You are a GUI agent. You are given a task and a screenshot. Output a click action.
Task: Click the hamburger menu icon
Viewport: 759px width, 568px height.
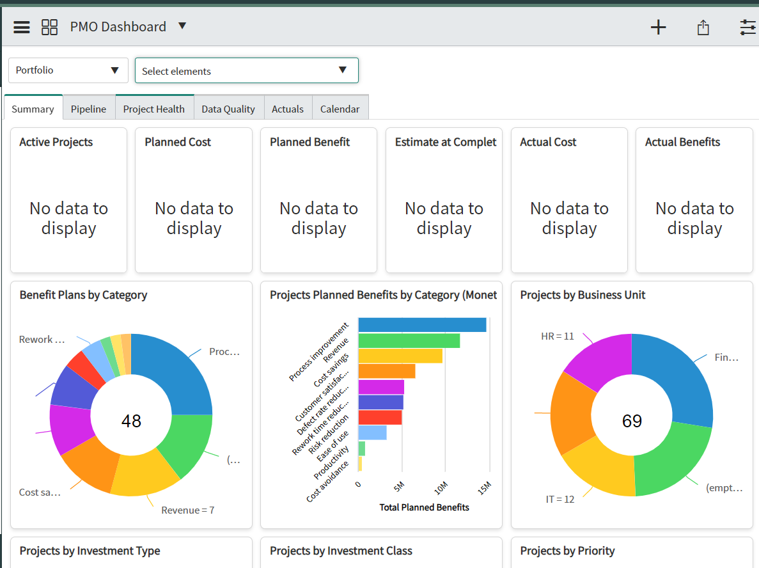(22, 27)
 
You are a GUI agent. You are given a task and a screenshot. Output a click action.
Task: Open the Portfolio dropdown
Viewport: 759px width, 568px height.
(68, 70)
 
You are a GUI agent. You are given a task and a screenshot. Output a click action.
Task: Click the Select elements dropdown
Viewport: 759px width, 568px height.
(246, 71)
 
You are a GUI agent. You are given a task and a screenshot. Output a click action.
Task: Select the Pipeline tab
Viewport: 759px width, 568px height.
(88, 109)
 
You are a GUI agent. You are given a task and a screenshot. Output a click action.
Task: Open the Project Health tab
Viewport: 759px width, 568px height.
(153, 109)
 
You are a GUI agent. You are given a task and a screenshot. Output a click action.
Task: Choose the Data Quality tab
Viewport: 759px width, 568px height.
(228, 109)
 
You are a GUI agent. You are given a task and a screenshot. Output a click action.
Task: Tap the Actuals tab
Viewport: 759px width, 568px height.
(288, 109)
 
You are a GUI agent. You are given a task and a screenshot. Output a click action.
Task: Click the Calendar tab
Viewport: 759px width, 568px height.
(340, 109)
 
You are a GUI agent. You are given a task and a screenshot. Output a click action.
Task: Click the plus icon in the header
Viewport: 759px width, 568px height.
(658, 27)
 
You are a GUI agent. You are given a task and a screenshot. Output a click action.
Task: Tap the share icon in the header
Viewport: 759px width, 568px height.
(703, 28)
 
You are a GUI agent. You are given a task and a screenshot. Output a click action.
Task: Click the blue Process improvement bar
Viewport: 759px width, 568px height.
(422, 325)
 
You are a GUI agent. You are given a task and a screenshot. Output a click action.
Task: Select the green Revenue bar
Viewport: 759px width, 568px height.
(409, 341)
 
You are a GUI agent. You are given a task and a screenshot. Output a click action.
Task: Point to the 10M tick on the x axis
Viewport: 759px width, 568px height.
(441, 489)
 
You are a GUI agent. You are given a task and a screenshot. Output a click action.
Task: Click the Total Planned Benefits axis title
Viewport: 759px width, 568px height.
(424, 507)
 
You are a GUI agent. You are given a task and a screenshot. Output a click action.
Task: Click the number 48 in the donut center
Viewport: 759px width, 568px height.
(131, 421)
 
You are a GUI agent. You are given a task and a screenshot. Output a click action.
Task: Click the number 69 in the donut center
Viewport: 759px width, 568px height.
(632, 421)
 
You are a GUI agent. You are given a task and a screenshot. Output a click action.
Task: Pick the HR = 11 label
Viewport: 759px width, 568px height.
(558, 336)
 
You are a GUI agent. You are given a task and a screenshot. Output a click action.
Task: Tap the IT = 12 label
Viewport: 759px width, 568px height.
(560, 499)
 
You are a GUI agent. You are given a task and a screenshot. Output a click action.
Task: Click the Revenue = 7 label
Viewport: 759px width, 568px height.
(187, 510)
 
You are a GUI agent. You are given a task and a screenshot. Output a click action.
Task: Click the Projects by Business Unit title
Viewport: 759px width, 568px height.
(583, 295)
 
